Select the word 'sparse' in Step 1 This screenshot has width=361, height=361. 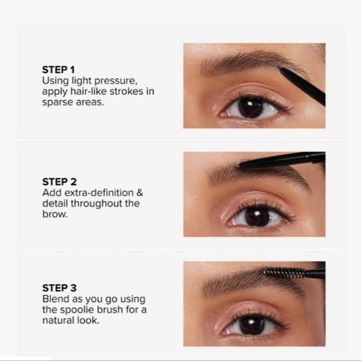(58, 102)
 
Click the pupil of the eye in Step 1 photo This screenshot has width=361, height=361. (251, 107)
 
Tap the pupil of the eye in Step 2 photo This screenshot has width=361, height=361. (257, 216)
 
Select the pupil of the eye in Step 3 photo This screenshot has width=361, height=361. (252, 325)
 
